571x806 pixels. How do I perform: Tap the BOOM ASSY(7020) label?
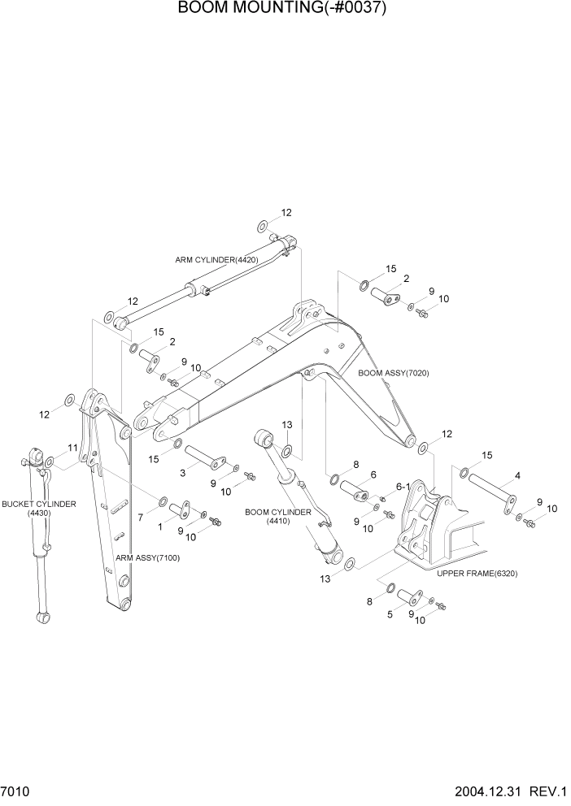click(394, 373)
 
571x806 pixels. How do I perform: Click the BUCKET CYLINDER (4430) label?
click(38, 509)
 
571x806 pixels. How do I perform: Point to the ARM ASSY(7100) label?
click(147, 558)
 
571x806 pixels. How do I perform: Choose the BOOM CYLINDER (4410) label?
click(277, 517)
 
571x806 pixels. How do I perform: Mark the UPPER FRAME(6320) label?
click(477, 574)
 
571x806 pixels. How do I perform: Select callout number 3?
click(183, 472)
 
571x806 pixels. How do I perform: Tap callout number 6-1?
click(403, 487)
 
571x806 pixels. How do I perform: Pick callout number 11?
click(72, 448)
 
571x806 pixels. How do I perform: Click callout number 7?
click(140, 517)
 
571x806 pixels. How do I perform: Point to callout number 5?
click(390, 615)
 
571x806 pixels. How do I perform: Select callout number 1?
click(159, 527)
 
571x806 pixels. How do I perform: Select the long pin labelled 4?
click(492, 493)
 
